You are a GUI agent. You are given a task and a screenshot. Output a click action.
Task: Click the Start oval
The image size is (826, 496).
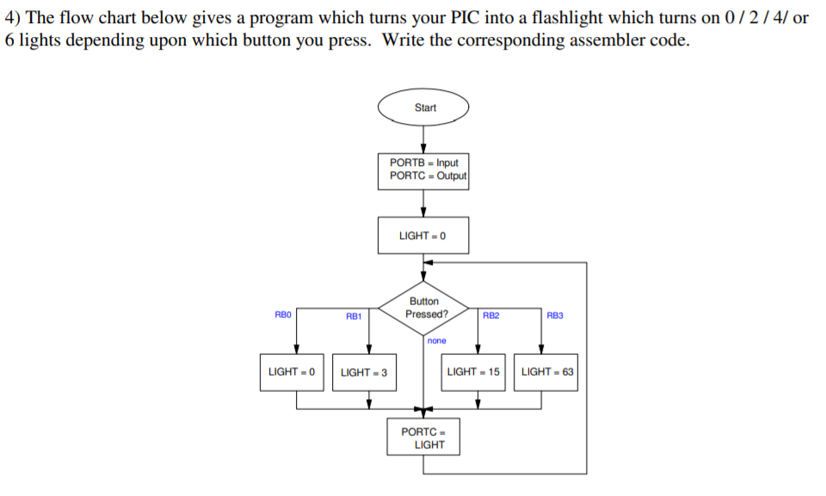coord(423,108)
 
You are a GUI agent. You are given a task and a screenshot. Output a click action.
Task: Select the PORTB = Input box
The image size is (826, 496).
coord(423,168)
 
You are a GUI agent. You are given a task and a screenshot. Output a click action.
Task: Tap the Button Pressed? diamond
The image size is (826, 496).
coord(423,308)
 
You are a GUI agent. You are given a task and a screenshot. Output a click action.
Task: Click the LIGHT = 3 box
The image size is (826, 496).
coord(364,372)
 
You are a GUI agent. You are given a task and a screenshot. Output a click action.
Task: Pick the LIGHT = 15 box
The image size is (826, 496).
coord(473,372)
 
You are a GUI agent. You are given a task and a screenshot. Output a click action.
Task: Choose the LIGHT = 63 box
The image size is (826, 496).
coord(546,372)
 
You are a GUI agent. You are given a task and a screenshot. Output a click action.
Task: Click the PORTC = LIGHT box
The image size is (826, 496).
coord(423,438)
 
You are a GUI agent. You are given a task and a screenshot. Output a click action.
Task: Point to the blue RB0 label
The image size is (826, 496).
coord(282,315)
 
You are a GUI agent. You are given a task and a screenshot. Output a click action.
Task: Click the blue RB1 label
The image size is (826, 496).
coord(353,316)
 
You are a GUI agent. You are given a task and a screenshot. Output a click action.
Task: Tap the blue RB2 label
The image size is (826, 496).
coord(490,315)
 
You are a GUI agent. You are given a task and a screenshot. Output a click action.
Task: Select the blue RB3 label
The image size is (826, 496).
coord(554,315)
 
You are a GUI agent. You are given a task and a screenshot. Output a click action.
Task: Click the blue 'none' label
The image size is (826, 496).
coord(437,341)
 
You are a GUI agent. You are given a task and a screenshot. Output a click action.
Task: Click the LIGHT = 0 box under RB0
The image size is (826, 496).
coord(292,372)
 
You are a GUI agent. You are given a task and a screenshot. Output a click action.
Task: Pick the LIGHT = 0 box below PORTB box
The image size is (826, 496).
coord(423,236)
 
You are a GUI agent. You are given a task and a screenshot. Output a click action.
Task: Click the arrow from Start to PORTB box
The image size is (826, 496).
coord(423,140)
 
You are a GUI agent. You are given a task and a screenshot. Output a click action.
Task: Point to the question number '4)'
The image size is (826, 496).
coord(15,18)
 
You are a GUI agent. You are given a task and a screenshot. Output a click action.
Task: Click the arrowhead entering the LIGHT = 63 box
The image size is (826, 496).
coord(541,348)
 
